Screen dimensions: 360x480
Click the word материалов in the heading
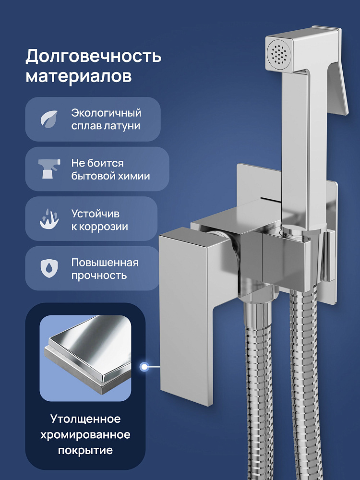(x=79, y=76)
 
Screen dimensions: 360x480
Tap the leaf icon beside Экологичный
(x=49, y=119)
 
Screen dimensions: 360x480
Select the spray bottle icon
(x=49, y=168)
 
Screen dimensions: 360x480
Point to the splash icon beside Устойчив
(x=49, y=219)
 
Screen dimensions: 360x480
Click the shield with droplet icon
(x=49, y=268)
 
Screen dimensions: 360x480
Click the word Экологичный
(x=106, y=113)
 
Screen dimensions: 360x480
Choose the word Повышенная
(x=105, y=263)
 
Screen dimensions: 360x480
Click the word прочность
(x=99, y=276)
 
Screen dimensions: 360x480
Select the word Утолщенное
(x=85, y=419)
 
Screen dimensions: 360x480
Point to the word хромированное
(x=85, y=435)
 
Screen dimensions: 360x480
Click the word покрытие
(x=85, y=451)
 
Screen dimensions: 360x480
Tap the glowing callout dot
(x=144, y=366)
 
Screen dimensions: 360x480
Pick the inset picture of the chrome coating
(x=85, y=359)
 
